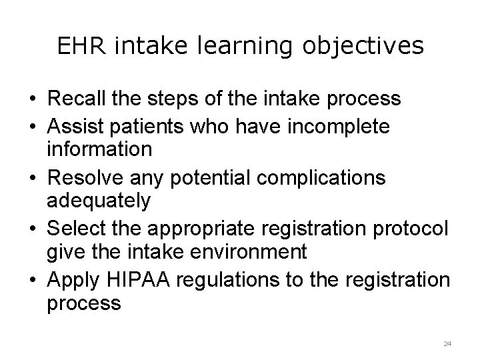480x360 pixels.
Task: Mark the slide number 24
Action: click(x=447, y=343)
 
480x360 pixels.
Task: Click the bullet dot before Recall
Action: click(x=32, y=100)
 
